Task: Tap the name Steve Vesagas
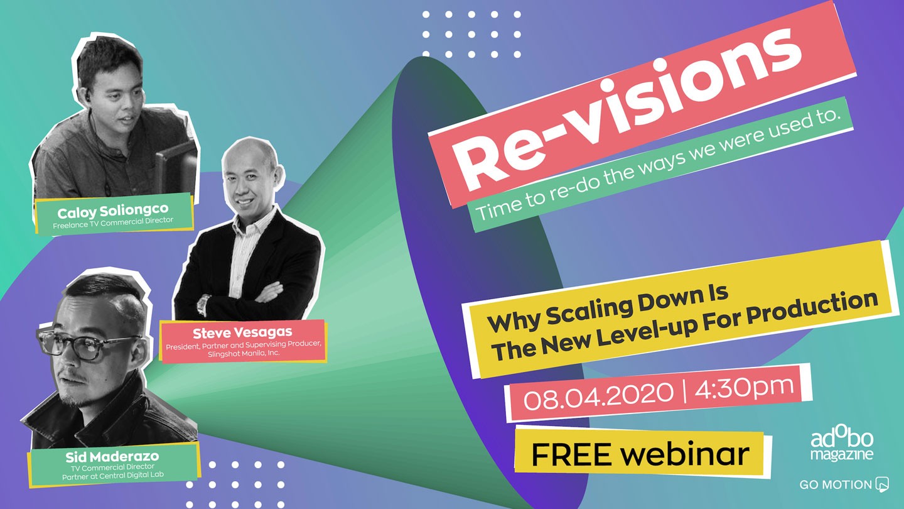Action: click(242, 333)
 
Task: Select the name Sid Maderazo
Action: click(112, 457)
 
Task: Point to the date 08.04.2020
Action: click(598, 395)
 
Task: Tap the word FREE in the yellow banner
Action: click(571, 454)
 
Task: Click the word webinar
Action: click(685, 453)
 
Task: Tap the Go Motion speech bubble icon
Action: click(882, 484)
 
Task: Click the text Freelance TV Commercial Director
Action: click(113, 223)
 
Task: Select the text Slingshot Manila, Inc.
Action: click(244, 353)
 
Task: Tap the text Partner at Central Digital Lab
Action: click(113, 476)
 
